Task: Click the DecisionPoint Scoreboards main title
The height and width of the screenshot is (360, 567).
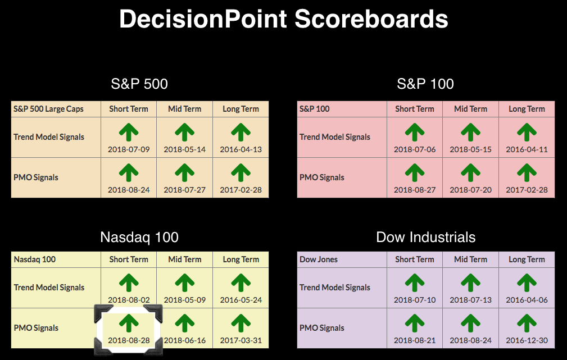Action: [x=283, y=19]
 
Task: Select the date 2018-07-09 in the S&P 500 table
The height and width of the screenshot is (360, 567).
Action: [x=129, y=149]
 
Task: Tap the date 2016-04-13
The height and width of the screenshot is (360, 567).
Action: [x=241, y=149]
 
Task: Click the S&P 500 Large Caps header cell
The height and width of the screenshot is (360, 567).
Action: [x=48, y=109]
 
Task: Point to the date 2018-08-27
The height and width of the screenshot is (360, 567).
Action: [x=415, y=190]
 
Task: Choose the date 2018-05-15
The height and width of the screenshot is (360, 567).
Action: [x=471, y=149]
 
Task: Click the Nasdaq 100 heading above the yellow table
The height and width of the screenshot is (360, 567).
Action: [x=139, y=237]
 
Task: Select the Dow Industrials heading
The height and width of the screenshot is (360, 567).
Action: [x=425, y=237]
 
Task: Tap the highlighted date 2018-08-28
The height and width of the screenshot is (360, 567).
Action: [x=129, y=340]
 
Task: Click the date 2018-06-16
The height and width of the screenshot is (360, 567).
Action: [x=185, y=340]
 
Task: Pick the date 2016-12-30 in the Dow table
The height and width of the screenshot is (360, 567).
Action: [x=527, y=340]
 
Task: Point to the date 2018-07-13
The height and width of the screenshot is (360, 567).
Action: [x=471, y=300]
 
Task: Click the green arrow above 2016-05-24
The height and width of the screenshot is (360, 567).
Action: [x=241, y=282]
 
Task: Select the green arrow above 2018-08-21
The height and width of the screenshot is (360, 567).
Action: [x=415, y=323]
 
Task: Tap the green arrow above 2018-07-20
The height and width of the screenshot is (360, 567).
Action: [x=471, y=173]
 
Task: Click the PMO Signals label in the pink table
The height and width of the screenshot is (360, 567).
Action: [x=322, y=177]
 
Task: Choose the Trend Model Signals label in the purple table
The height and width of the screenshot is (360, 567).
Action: [x=335, y=288]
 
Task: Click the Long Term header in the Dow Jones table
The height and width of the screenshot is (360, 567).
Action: [x=527, y=259]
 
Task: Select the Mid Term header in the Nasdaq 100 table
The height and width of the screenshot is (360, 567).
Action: [x=185, y=259]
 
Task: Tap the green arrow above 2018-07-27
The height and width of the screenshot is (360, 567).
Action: [x=185, y=173]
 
